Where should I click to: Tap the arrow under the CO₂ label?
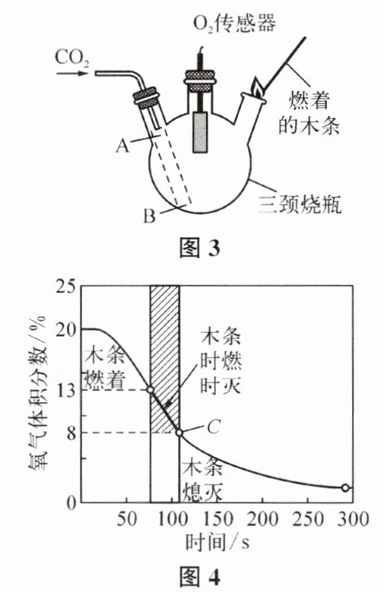(72, 73)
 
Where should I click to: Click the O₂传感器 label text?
(234, 23)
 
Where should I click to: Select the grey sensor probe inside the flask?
(200, 132)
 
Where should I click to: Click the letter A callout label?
(122, 145)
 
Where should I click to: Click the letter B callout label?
(150, 216)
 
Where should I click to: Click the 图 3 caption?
(199, 247)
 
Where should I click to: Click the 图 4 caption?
(199, 576)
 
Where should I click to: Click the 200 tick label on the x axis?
(263, 518)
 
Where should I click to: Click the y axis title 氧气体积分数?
(37, 394)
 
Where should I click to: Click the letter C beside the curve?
(214, 427)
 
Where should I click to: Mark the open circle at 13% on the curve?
(151, 389)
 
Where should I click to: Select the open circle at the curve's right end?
(345, 487)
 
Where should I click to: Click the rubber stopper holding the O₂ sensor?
(199, 80)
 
